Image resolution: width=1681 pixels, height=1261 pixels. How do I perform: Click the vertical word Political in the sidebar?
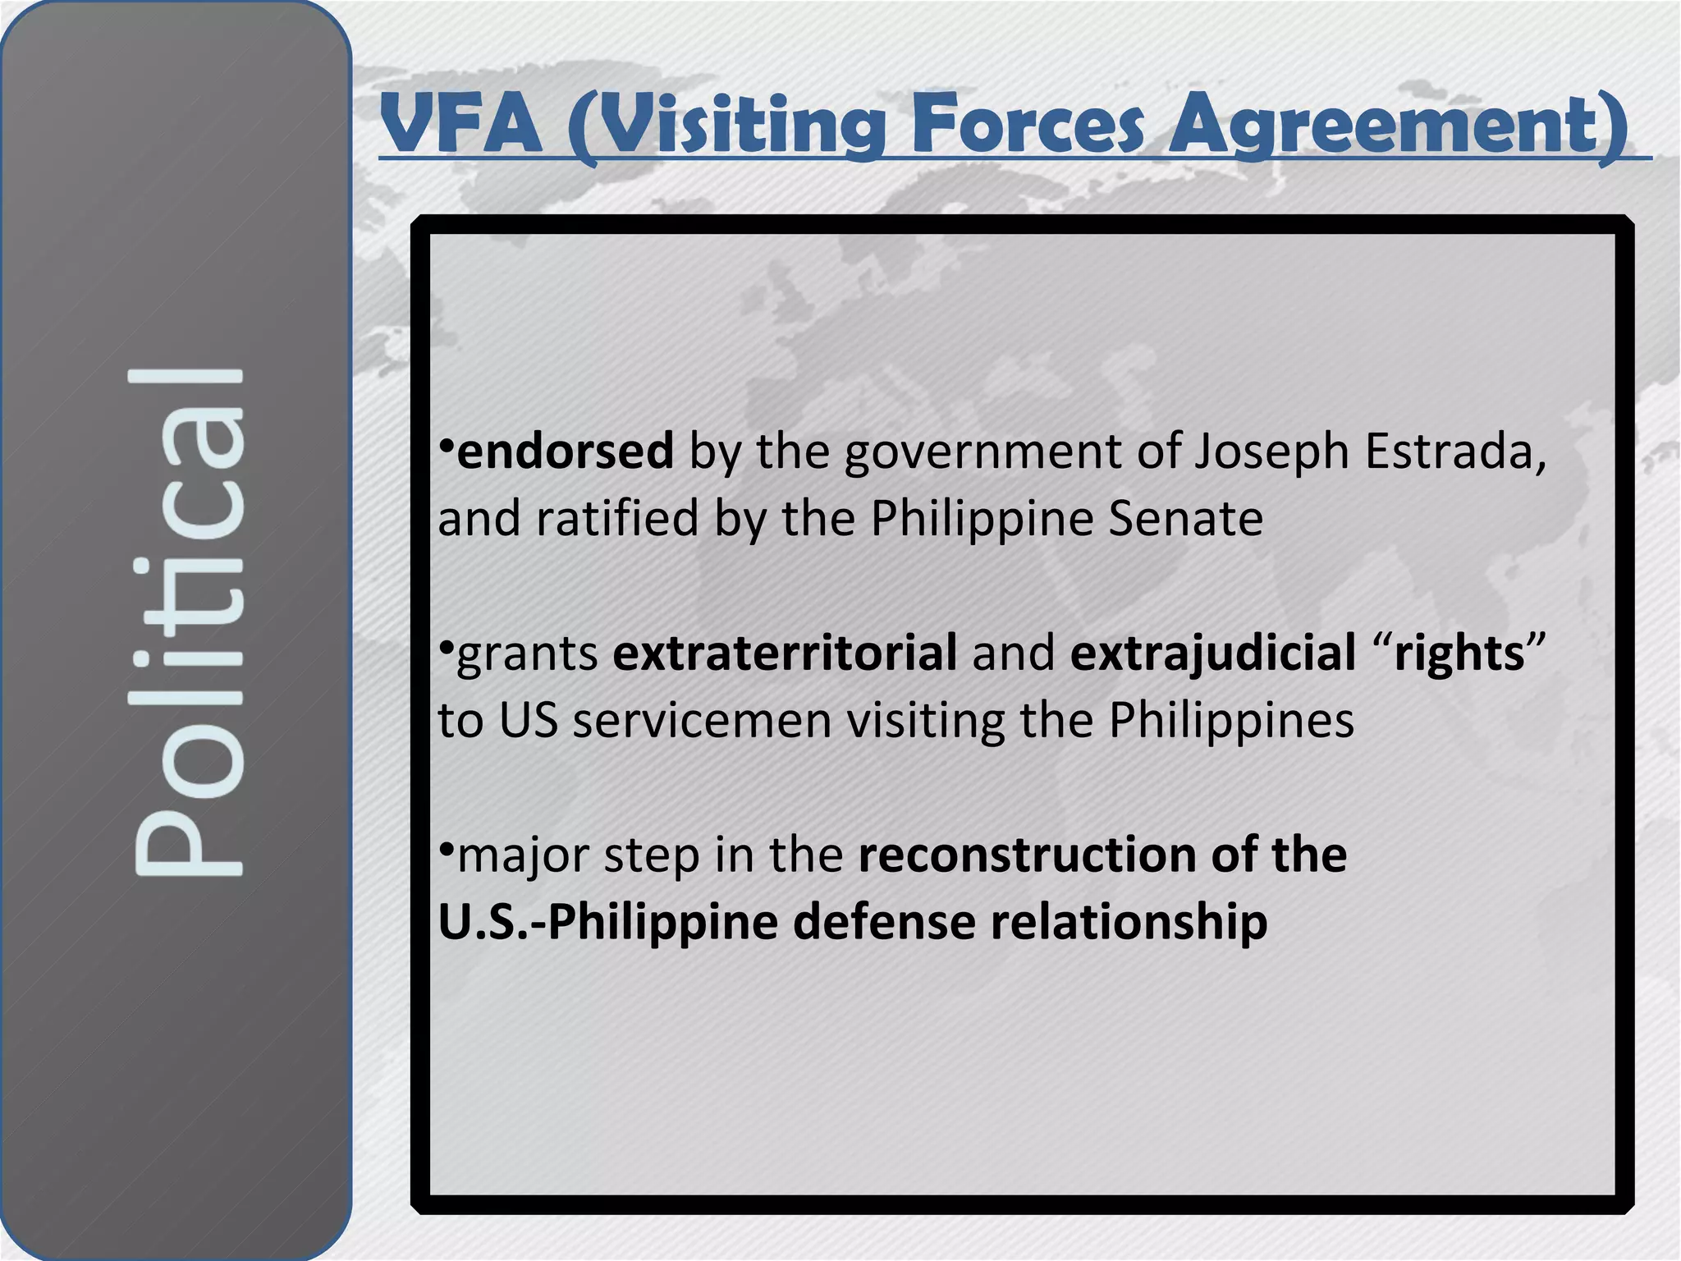point(187,621)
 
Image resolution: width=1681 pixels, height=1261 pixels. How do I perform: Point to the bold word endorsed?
point(565,452)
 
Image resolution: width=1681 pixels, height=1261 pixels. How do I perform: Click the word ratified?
point(617,519)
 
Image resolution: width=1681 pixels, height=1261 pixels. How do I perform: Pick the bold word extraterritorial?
point(785,653)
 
